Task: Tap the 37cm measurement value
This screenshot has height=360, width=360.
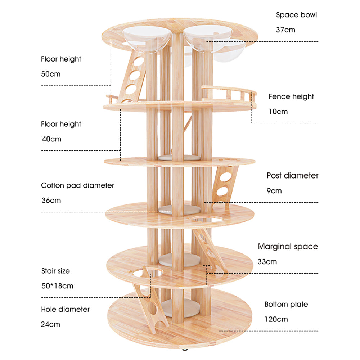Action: pyautogui.click(x=285, y=30)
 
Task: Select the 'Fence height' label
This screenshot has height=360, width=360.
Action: pyautogui.click(x=291, y=96)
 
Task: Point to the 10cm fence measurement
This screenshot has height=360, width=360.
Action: pyautogui.click(x=278, y=112)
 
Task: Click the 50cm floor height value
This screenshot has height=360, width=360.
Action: pyautogui.click(x=51, y=74)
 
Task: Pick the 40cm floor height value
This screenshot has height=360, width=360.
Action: pyautogui.click(x=51, y=139)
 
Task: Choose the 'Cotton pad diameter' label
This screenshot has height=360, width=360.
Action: pyautogui.click(x=77, y=185)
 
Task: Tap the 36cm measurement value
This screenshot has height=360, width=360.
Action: pyautogui.click(x=51, y=201)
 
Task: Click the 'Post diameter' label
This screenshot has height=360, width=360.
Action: pyautogui.click(x=292, y=176)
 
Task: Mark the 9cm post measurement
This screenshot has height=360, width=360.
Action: pyautogui.click(x=274, y=191)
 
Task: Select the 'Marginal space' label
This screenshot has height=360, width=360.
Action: pyautogui.click(x=288, y=247)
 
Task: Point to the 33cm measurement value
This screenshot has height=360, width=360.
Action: pyautogui.click(x=267, y=262)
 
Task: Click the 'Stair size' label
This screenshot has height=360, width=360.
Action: pyautogui.click(x=55, y=271)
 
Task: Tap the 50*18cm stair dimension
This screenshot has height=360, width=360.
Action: pyautogui.click(x=57, y=286)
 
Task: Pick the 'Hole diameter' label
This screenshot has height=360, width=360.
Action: pyautogui.click(x=65, y=309)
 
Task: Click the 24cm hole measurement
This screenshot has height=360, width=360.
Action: pyautogui.click(x=51, y=324)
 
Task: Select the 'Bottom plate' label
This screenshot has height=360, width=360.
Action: pyautogui.click(x=286, y=304)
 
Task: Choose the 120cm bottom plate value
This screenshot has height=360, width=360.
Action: pyautogui.click(x=276, y=319)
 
